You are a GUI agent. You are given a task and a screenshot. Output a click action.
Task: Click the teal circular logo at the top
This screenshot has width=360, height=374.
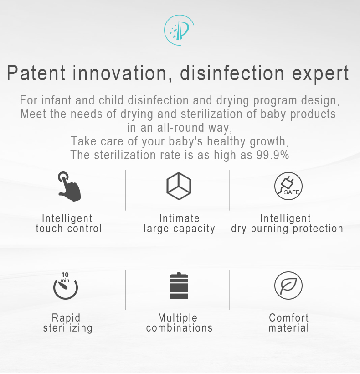(x=179, y=30)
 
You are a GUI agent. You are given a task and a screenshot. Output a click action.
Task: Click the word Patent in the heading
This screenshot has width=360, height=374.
(x=36, y=73)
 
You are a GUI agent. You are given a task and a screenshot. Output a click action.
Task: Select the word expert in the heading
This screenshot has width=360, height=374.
(x=320, y=74)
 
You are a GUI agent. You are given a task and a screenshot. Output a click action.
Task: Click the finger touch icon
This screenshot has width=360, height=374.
(x=69, y=187)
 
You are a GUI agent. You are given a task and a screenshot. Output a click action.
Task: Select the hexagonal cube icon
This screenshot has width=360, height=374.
(x=179, y=186)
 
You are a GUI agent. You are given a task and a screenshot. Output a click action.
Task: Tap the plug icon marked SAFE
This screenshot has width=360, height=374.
(x=288, y=186)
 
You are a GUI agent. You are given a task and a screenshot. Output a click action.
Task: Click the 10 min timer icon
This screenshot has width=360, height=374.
(x=65, y=286)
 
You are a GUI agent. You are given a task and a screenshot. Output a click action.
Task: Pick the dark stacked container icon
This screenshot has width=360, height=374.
(x=179, y=286)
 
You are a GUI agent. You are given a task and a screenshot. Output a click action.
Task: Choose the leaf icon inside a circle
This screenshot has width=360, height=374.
(x=288, y=286)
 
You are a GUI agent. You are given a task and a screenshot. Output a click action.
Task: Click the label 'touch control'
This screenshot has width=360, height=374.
(x=69, y=229)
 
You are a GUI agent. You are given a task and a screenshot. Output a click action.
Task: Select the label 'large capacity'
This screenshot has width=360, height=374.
(x=180, y=229)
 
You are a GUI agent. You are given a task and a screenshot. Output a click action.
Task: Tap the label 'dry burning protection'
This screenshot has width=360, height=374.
(x=287, y=229)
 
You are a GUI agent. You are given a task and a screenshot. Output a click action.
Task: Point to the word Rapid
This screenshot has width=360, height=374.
(x=66, y=318)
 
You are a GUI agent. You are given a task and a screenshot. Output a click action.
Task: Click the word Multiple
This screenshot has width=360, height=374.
(x=178, y=318)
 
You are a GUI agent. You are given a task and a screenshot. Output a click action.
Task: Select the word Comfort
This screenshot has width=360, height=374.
(x=289, y=318)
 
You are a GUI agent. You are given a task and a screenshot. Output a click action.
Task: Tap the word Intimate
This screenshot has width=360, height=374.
(x=180, y=218)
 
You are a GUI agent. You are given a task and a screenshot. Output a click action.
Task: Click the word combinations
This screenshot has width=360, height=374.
(x=179, y=328)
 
